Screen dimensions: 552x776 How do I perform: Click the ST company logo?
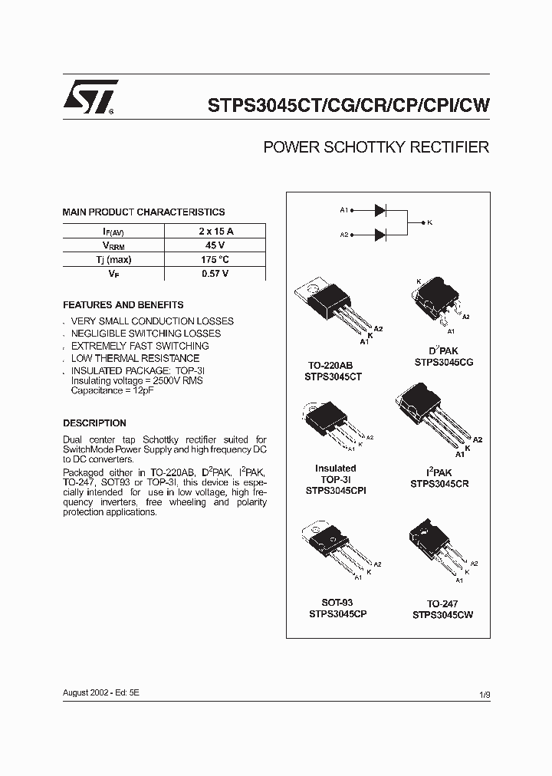tap(90, 97)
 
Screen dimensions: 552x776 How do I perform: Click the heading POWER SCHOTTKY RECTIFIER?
tap(376, 147)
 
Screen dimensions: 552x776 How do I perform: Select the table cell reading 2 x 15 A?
tap(216, 231)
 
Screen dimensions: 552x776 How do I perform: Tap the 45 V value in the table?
tap(216, 245)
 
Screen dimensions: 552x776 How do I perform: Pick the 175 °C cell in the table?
tap(216, 259)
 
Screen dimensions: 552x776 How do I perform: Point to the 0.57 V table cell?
tap(216, 274)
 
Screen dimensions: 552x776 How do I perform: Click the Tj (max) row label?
tap(113, 259)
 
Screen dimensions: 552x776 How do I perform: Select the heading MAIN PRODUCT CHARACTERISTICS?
tap(143, 212)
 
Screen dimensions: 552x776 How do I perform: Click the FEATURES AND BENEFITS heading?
tap(123, 304)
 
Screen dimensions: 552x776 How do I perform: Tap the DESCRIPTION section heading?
tap(94, 423)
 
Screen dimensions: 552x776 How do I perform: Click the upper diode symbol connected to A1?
tap(380, 209)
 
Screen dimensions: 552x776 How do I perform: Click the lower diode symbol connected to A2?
tap(380, 235)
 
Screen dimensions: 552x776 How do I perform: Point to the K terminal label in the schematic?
tap(430, 222)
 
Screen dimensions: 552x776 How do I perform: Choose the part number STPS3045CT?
tap(333, 377)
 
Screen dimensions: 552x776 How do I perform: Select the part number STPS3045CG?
tap(443, 362)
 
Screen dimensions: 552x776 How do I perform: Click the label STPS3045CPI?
tap(335, 489)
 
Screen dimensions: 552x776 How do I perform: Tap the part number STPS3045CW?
tap(442, 615)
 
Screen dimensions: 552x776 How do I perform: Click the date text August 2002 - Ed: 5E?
tap(101, 692)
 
